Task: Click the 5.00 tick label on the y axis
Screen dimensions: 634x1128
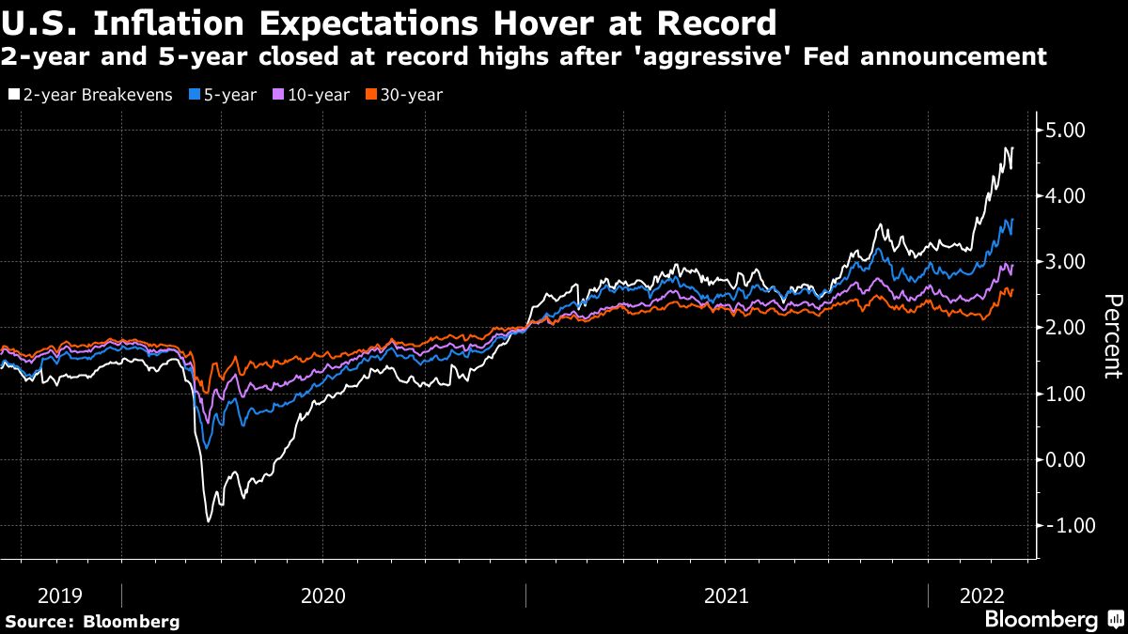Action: click(x=1067, y=130)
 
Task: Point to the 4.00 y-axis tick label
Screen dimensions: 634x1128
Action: click(x=1067, y=195)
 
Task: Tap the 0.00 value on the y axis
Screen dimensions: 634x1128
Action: click(x=1067, y=459)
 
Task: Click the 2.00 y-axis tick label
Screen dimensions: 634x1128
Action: click(x=1067, y=328)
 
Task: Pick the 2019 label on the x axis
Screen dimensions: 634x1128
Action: click(x=60, y=595)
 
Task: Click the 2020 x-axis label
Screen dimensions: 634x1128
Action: click(x=323, y=595)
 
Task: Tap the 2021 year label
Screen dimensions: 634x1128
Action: click(x=727, y=595)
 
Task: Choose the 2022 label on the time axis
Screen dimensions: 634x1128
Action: click(x=981, y=595)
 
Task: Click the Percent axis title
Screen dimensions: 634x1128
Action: click(x=1112, y=336)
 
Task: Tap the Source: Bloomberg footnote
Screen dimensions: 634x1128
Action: click(x=91, y=621)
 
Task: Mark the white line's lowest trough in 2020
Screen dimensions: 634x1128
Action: click(x=208, y=520)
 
